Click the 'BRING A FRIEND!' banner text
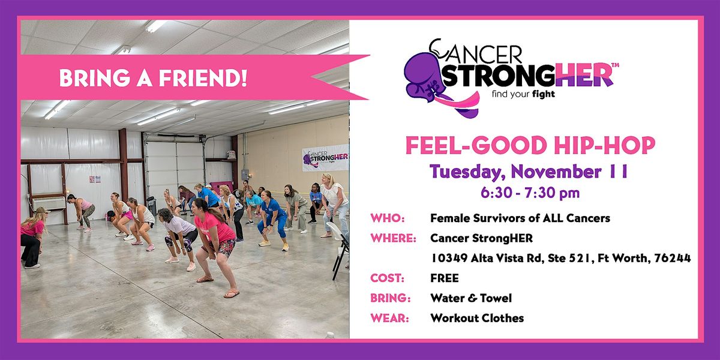152,79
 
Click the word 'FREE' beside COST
444,278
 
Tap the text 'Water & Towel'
471,298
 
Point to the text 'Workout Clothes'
477,318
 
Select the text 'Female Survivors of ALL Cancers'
520,218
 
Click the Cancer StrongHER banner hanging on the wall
325,157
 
